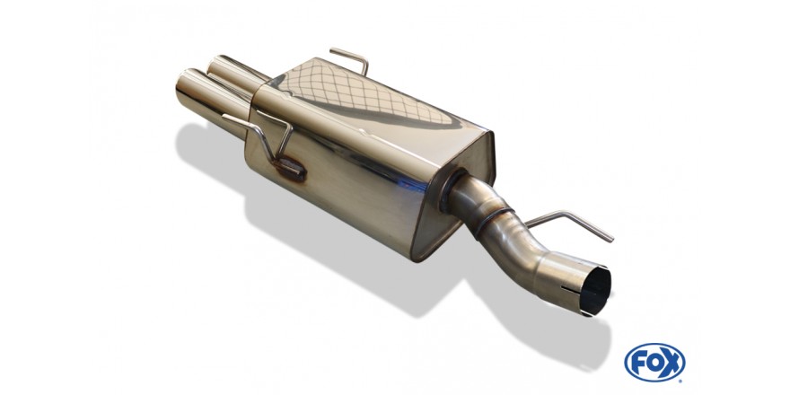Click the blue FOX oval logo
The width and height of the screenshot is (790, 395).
click(654, 363)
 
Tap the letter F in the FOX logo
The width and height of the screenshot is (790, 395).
click(639, 363)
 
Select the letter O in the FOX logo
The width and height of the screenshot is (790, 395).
click(655, 363)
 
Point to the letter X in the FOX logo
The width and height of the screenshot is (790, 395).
click(671, 363)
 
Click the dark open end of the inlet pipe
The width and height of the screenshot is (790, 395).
click(598, 292)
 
